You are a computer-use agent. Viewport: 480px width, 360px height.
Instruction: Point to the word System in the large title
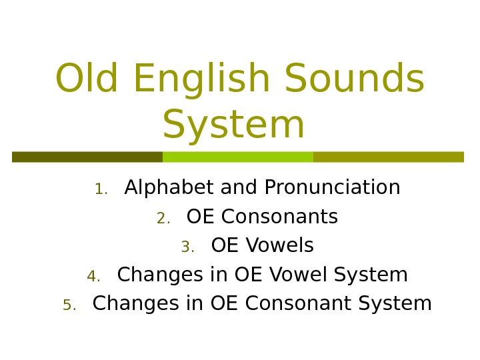pyautogui.click(x=233, y=125)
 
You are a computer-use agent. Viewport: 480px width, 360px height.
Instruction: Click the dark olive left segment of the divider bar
pyautogui.click(x=87, y=157)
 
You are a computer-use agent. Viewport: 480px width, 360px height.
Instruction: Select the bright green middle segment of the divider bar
pyautogui.click(x=238, y=157)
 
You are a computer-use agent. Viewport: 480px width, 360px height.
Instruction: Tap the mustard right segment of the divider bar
pyautogui.click(x=388, y=157)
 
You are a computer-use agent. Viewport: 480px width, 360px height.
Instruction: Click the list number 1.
pyautogui.click(x=101, y=190)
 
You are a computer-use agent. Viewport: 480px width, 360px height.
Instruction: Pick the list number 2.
pyautogui.click(x=163, y=219)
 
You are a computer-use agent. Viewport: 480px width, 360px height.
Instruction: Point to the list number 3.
pyautogui.click(x=187, y=248)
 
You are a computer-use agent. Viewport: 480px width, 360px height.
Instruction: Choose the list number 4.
pyautogui.click(x=93, y=277)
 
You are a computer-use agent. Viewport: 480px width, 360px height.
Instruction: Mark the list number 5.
pyautogui.click(x=69, y=305)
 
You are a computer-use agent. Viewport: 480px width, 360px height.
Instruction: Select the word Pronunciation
pyautogui.click(x=332, y=188)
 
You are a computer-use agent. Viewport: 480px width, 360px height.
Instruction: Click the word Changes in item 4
pyautogui.click(x=150, y=275)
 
